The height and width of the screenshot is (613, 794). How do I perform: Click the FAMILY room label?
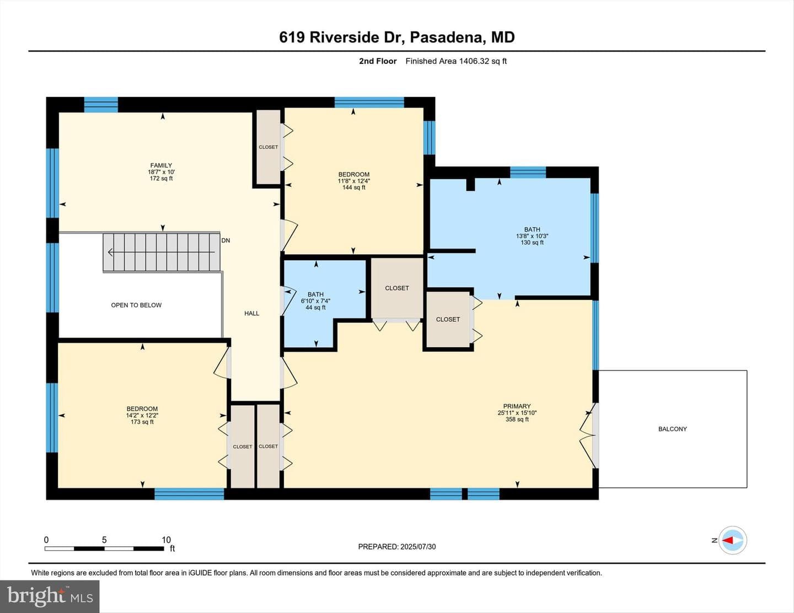point(161,165)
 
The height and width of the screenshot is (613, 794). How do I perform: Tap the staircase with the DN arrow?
point(162,252)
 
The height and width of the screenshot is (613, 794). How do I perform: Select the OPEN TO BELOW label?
point(136,305)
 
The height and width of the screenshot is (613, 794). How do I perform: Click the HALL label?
point(252,313)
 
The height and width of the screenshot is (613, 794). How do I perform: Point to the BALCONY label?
point(673,429)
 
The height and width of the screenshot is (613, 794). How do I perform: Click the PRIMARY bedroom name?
point(517,406)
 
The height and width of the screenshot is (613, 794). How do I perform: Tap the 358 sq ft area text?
point(517,420)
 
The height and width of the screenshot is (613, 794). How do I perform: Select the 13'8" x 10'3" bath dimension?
point(532,236)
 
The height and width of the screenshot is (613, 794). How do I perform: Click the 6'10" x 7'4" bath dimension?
point(316,300)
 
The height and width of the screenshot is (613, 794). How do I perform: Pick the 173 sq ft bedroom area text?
point(142,422)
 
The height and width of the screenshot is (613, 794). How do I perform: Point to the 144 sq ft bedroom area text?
point(353,187)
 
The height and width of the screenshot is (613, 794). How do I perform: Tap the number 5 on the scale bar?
point(104,540)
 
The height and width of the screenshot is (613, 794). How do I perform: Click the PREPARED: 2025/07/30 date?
point(397,546)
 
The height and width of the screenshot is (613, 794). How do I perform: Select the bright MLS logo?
point(50,596)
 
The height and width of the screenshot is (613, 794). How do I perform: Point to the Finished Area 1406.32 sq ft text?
point(456,61)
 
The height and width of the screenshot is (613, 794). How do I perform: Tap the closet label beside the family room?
point(268,147)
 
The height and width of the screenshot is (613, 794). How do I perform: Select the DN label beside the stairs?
point(226,240)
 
